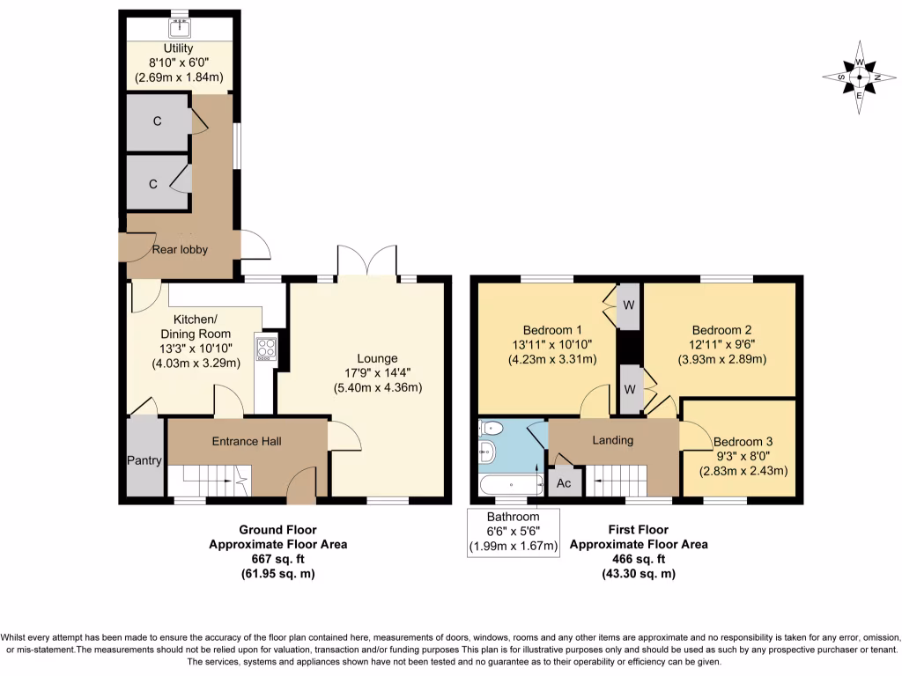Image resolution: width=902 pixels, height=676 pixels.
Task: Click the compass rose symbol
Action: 859,77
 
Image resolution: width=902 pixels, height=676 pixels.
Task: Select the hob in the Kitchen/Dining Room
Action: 266,349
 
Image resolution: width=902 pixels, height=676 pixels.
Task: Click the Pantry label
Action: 144,460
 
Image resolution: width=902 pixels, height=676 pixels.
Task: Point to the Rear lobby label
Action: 180,249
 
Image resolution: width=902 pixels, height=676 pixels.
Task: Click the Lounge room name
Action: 377,358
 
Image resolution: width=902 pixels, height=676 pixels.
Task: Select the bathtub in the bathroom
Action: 511,484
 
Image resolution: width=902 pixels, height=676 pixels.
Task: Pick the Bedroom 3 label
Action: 743,442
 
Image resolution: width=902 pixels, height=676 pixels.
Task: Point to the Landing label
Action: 612,440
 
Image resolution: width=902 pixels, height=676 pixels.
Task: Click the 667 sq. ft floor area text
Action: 277,559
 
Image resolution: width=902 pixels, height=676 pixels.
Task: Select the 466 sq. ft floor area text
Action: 638,559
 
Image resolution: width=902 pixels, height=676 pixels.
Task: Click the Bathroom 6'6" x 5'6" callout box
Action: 513,532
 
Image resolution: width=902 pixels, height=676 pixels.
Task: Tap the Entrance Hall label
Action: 246,441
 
